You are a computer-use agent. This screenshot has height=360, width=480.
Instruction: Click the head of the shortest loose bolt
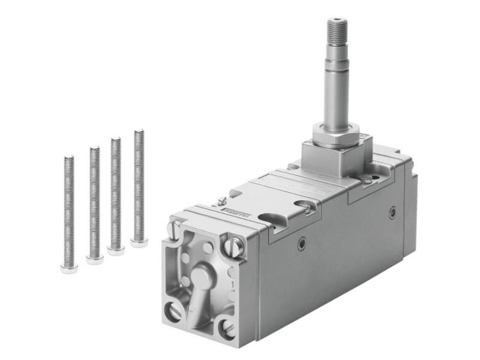tap(69, 268)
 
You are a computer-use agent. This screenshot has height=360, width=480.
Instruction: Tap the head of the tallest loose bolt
tap(139, 242)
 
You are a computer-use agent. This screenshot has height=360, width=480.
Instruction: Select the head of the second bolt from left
tap(94, 259)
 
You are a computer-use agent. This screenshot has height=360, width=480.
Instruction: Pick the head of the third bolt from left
tap(116, 250)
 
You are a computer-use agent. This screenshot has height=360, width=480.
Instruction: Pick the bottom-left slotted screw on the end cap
tap(173, 311)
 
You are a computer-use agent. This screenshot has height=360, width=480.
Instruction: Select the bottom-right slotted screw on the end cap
tap(228, 328)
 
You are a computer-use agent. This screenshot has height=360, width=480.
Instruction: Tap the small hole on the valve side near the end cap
tap(302, 242)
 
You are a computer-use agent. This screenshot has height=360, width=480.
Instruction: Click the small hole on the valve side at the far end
tap(392, 212)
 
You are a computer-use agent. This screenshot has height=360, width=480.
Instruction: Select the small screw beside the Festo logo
tap(222, 201)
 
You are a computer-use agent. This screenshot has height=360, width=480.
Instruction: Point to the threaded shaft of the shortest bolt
tap(69, 210)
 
